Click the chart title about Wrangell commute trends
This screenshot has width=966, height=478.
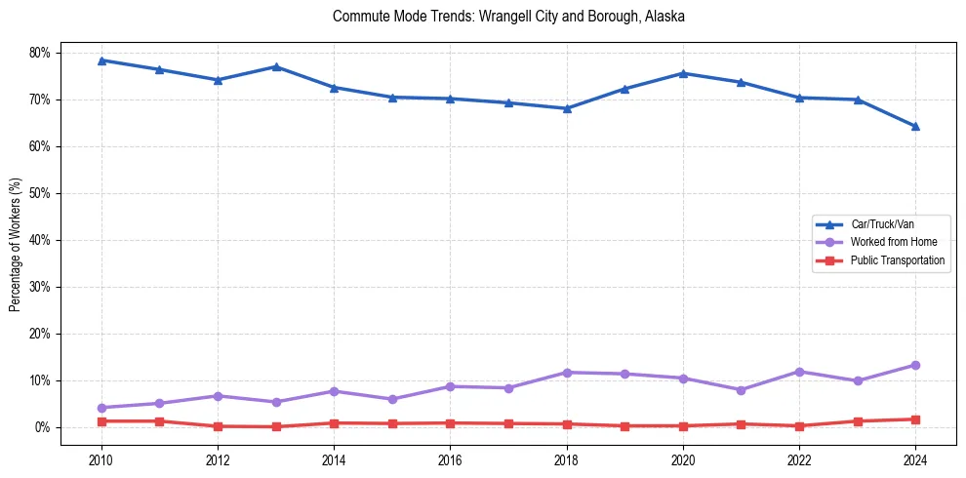pyautogui.click(x=508, y=17)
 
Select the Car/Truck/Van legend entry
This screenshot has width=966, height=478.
pyautogui.click(x=882, y=224)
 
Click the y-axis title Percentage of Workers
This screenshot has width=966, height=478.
pyautogui.click(x=16, y=244)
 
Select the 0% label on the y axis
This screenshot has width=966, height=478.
pyautogui.click(x=44, y=427)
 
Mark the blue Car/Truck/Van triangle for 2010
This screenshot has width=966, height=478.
pyautogui.click(x=101, y=60)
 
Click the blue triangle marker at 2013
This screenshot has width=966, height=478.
pyautogui.click(x=276, y=66)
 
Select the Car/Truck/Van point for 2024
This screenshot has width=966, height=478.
pyautogui.click(x=915, y=126)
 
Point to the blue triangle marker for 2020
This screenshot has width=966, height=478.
pyautogui.click(x=683, y=73)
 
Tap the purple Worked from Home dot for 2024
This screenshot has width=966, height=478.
pyautogui.click(x=915, y=365)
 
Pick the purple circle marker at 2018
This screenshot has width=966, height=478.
pyautogui.click(x=567, y=373)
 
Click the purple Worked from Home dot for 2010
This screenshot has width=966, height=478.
pyautogui.click(x=101, y=408)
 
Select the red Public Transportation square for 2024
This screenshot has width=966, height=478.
pyautogui.click(x=915, y=419)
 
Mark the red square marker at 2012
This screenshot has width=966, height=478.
pyautogui.click(x=218, y=426)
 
